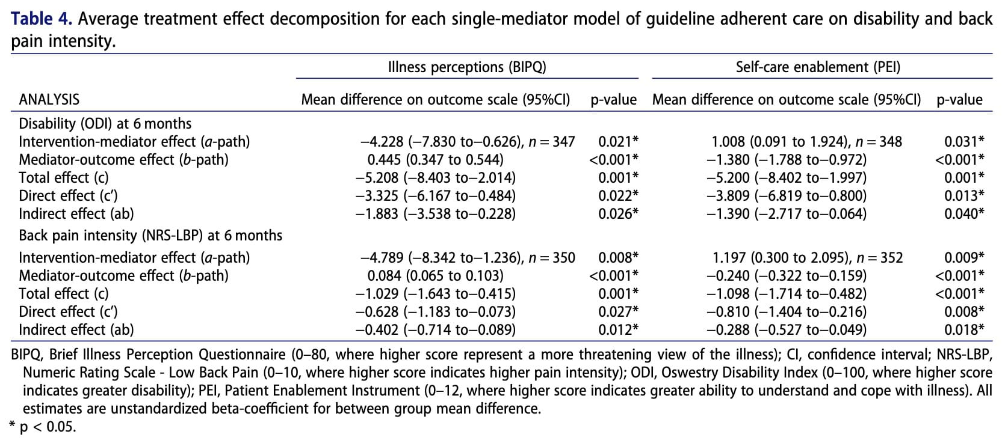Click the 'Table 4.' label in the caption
[x=42, y=19]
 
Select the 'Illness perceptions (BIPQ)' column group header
[x=467, y=67]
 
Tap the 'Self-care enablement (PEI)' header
[x=818, y=67]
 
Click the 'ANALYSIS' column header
[x=49, y=100]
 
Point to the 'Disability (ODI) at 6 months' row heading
[x=105, y=124]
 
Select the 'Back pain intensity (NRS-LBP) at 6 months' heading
[x=150, y=235]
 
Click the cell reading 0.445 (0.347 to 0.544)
[x=435, y=160]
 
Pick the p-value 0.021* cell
[x=618, y=142]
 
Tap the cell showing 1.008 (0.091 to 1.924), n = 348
[x=806, y=142]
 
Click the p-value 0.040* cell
[x=964, y=214]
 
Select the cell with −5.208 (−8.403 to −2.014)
[x=435, y=178]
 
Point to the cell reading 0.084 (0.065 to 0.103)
[x=435, y=276]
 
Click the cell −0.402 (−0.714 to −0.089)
[x=435, y=330]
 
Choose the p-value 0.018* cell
[x=964, y=330]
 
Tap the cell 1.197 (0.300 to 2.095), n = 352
[x=808, y=258]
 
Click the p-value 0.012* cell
[x=618, y=330]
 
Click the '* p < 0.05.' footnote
[x=42, y=427]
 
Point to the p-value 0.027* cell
[x=618, y=312]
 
